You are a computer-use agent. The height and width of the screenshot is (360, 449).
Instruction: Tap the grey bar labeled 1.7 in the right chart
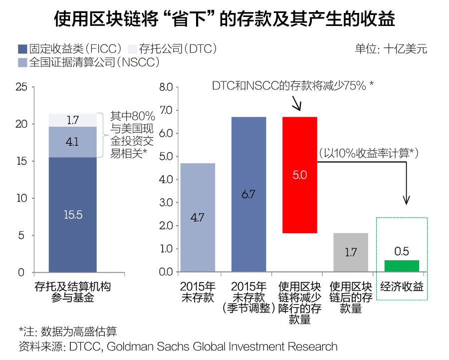[351, 252]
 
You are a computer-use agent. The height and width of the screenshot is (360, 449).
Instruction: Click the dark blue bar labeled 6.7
[248, 194]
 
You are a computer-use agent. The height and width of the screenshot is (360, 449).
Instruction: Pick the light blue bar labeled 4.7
[198, 217]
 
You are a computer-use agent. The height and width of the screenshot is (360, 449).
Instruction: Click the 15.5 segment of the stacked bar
[72, 215]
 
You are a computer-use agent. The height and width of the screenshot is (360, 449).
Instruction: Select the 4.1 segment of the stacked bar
[72, 142]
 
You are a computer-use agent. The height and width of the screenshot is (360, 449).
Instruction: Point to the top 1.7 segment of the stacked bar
[72, 120]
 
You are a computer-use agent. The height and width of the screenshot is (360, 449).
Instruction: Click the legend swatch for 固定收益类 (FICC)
[22, 49]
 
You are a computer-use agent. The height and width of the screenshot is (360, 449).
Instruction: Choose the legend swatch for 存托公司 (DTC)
[132, 49]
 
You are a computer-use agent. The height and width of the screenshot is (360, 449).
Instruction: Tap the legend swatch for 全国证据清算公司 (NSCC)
[22, 62]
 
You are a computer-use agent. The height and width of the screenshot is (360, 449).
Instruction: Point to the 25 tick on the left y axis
[21, 87]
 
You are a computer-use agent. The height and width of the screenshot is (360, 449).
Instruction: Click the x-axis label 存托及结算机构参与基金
[72, 293]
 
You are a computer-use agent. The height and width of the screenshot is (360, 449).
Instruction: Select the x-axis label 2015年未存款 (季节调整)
[248, 298]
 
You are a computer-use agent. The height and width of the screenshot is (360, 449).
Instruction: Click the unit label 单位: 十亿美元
[391, 49]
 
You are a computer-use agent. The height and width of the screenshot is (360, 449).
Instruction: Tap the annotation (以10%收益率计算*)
[368, 153]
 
